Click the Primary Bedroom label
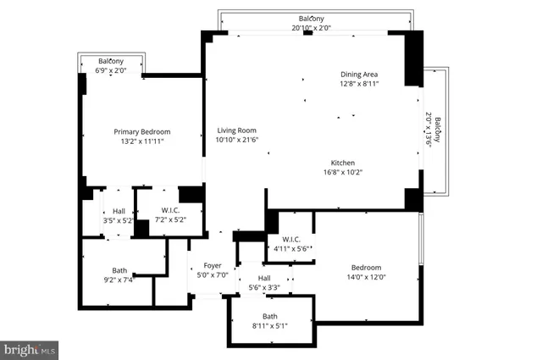pos(142,131)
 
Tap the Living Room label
pos(236,130)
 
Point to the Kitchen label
pos(342,163)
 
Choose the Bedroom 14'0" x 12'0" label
pos(366,267)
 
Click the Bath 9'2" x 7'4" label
pos(119,271)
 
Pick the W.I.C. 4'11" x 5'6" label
pos(291,239)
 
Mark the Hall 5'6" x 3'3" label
pos(263,278)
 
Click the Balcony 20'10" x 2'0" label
pos(311,19)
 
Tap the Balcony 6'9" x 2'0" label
pos(110,61)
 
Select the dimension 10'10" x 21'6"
pos(236,140)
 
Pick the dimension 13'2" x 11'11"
pos(142,141)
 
